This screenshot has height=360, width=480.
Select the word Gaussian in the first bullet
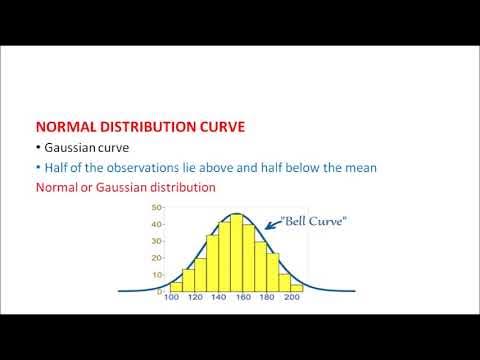(71, 148)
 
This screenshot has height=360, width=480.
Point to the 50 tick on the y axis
(156, 207)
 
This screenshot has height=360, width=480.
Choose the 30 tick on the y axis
(156, 241)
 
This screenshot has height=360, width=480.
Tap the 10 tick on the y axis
(156, 274)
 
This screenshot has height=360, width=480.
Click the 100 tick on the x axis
(172, 297)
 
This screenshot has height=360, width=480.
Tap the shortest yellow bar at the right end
(296, 287)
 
